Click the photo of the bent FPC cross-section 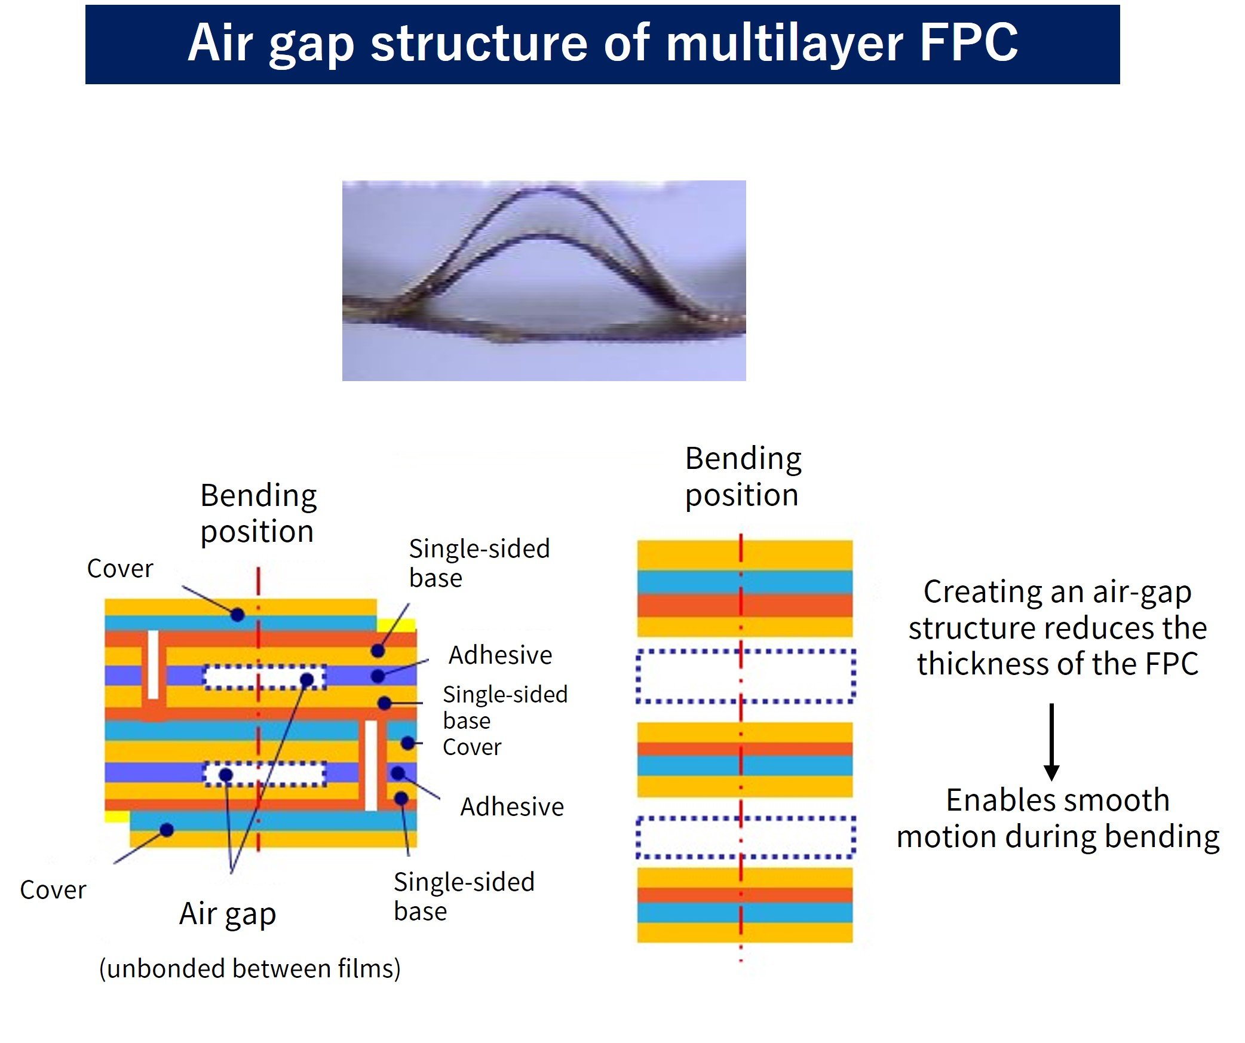coord(544,280)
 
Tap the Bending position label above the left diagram coord(258,513)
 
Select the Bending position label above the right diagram coord(743,477)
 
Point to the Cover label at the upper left coord(120,569)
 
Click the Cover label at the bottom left coord(53,890)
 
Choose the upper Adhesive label coord(500,655)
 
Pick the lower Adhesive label coord(512,807)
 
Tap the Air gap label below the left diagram coord(228,914)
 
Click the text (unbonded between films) coord(250,968)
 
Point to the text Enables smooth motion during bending coord(1057,818)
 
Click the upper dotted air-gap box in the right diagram coord(746,676)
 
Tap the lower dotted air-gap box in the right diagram coord(746,837)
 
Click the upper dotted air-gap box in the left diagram coord(265,677)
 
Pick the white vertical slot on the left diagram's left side coord(153,664)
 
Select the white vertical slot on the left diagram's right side coord(371,765)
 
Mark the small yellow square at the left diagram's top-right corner coord(397,625)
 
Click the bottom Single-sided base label coord(464,896)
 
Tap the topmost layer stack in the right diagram coord(744,588)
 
